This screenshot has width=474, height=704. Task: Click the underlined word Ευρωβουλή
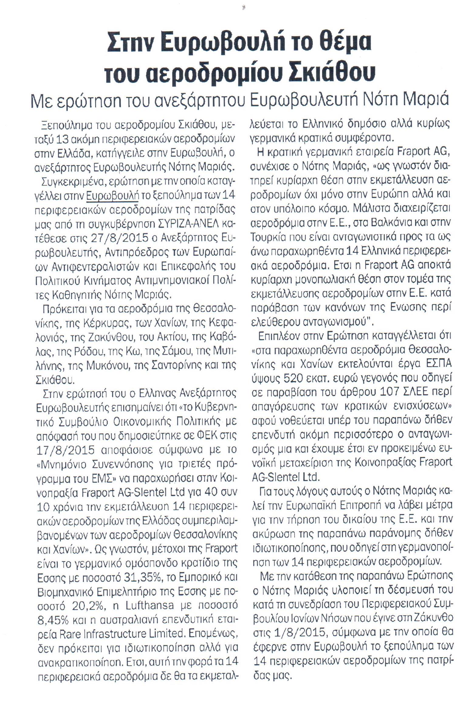(112, 196)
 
